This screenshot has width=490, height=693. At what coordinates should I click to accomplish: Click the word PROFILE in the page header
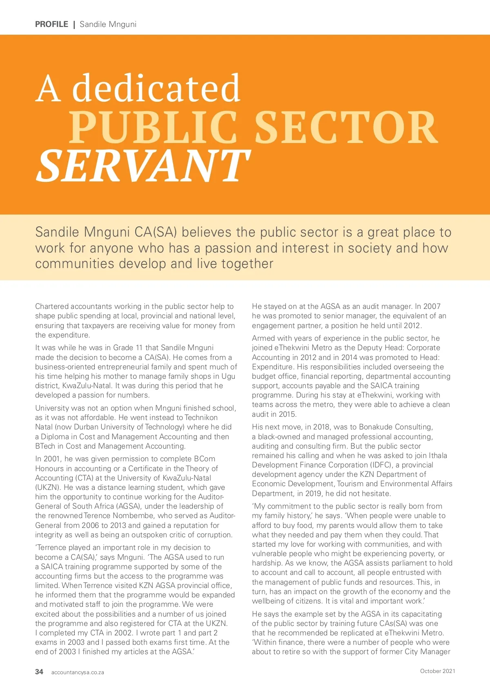[51, 24]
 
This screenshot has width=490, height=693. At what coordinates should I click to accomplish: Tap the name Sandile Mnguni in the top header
[108, 24]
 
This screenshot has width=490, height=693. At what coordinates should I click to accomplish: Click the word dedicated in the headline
[156, 88]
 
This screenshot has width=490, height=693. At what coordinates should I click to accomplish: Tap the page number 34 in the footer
[39, 672]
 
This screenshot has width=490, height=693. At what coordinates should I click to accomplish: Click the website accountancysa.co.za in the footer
[78, 672]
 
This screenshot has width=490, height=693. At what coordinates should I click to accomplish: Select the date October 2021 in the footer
[437, 671]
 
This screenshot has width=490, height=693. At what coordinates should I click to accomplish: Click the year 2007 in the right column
[432, 306]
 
